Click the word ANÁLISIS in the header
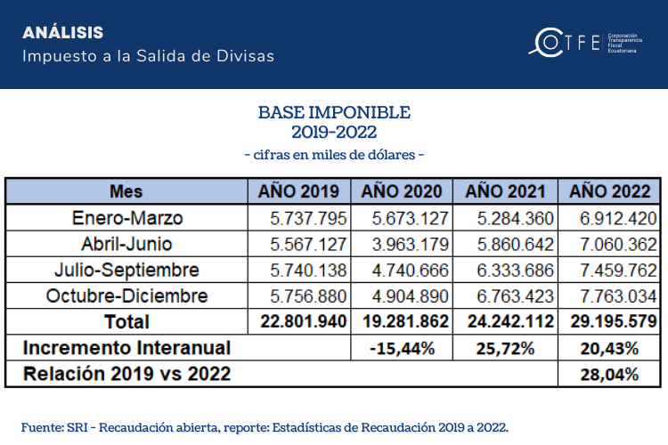[x=63, y=33]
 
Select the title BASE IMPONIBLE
[x=334, y=113]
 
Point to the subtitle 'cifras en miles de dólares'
[x=334, y=155]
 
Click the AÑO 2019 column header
[x=298, y=191]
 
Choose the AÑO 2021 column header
[x=506, y=191]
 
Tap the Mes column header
[x=126, y=191]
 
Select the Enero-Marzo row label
[x=126, y=218]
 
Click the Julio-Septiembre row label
[x=126, y=270]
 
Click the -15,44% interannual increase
[x=403, y=348]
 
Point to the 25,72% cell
[x=506, y=348]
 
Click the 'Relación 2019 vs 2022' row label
[x=126, y=374]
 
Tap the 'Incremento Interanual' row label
[x=126, y=348]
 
